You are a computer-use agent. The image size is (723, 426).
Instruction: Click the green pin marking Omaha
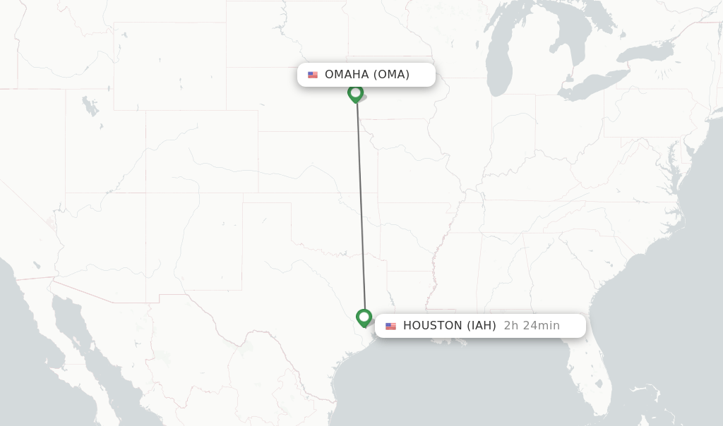(x=355, y=93)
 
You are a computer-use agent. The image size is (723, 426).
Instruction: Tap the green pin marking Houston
(x=364, y=317)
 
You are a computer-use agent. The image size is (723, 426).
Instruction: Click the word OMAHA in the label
(x=347, y=75)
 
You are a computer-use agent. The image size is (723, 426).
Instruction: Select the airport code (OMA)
(x=391, y=75)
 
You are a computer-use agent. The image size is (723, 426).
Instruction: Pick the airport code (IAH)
(x=480, y=326)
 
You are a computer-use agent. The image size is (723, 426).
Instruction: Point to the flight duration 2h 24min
(x=532, y=326)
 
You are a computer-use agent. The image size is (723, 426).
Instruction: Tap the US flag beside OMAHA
(x=313, y=75)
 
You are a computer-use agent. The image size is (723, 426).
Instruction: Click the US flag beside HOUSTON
(x=390, y=326)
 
